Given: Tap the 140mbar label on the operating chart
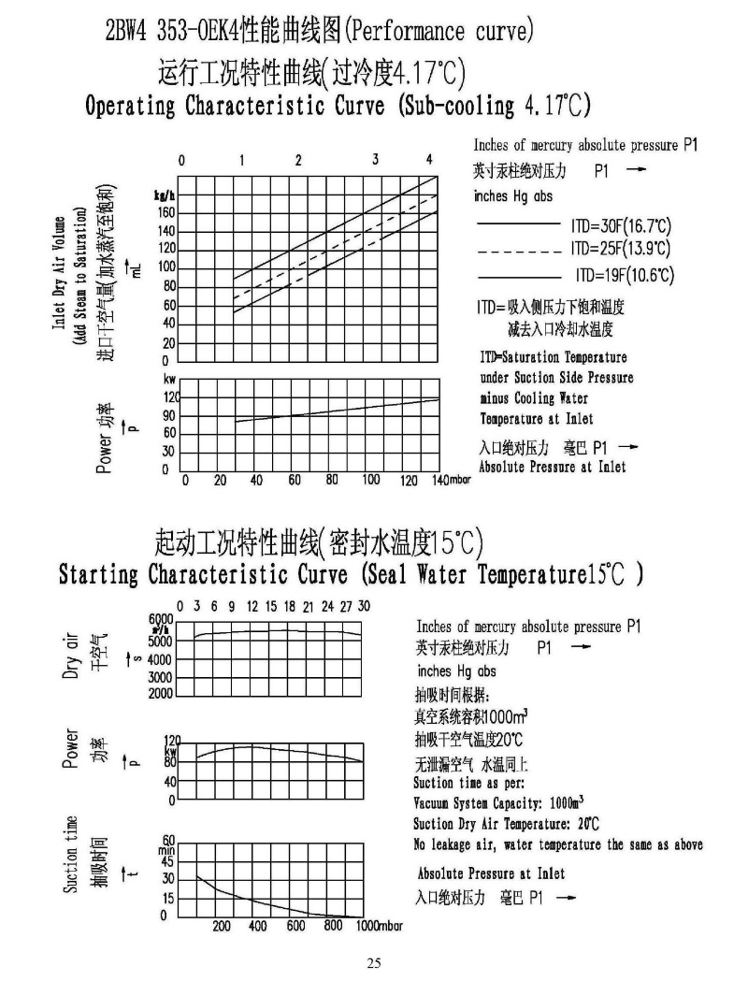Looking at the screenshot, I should click(x=450, y=480).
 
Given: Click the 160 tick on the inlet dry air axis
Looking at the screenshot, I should click(x=165, y=212).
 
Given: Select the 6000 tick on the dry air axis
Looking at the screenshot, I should click(x=161, y=619).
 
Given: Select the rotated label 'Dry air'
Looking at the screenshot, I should click(x=70, y=655).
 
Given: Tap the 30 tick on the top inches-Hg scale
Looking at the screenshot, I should click(x=364, y=606).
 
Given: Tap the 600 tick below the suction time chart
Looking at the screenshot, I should click(x=295, y=926).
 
